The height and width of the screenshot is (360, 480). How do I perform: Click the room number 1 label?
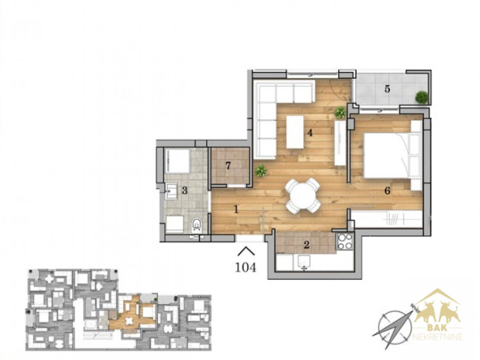pos(236,210)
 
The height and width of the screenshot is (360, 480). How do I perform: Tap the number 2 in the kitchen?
pos(306,245)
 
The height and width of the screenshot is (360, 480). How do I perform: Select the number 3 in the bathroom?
pos(184,191)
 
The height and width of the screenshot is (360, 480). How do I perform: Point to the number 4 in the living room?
pos(310,133)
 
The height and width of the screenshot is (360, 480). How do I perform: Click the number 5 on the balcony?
pos(388,89)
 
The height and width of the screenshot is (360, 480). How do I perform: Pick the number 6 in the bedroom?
pos(388,191)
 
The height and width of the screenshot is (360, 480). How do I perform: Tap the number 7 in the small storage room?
pos(228,165)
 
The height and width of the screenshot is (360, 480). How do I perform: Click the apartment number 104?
pos(246,268)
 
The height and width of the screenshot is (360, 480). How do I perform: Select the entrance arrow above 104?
pos(246,251)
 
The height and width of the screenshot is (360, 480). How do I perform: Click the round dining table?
pos(303,195)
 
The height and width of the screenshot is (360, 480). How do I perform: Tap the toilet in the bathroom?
pos(196,224)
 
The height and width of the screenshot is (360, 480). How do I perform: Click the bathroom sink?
pos(171,191)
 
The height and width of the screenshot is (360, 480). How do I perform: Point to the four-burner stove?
pos(345,242)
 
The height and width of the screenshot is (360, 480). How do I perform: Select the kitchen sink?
pos(304,263)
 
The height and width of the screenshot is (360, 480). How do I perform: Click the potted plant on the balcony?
pos(422,97)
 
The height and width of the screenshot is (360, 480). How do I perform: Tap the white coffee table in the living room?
pos(295,132)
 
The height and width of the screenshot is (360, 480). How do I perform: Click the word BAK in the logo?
pos(436,328)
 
